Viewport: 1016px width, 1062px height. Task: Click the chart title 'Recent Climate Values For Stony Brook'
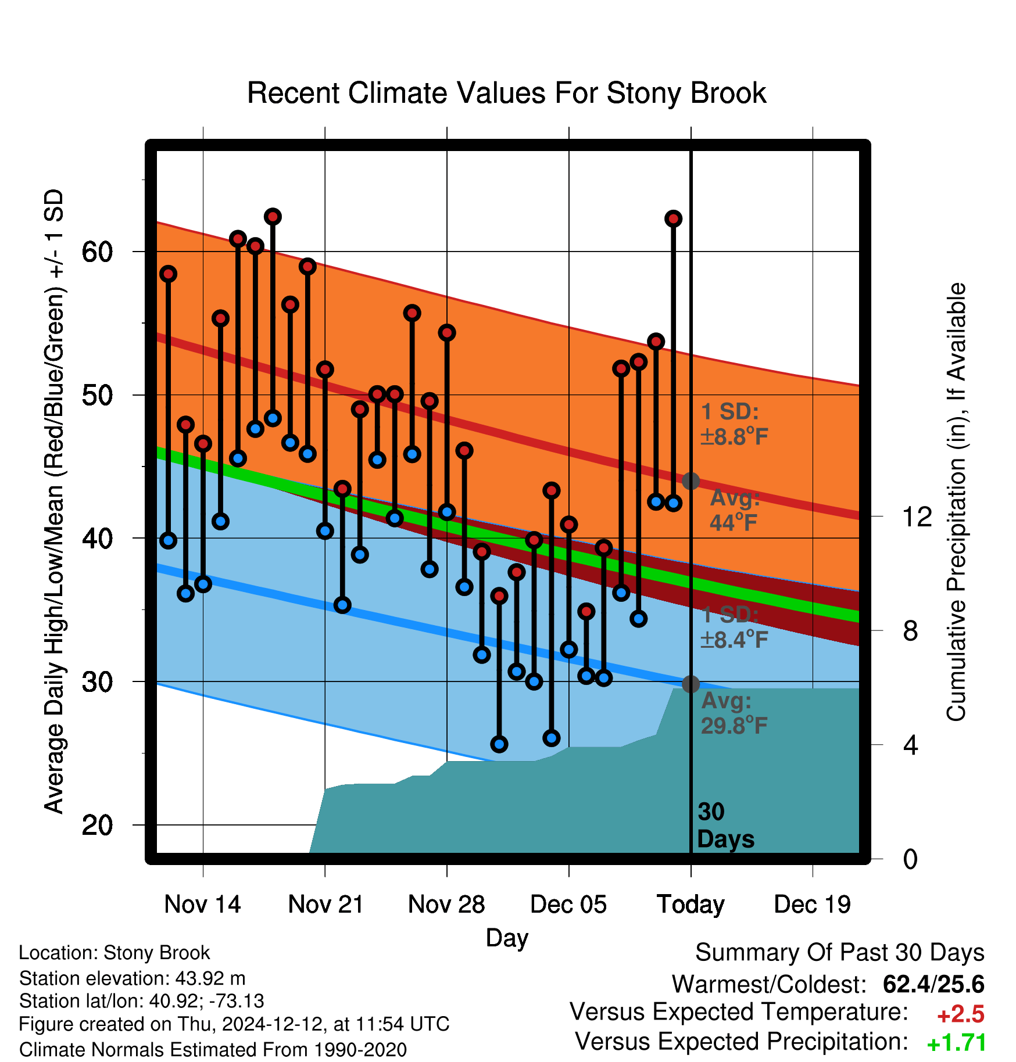[x=507, y=93]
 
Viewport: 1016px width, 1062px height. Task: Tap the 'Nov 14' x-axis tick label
[x=202, y=905]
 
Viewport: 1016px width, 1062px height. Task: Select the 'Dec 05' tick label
[x=568, y=905]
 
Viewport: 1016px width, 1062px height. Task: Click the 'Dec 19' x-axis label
[x=813, y=905]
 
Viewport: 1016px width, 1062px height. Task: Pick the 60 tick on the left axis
[x=98, y=252]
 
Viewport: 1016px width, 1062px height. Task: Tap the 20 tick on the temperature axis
[x=98, y=825]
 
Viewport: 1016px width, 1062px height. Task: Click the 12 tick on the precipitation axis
[x=917, y=516]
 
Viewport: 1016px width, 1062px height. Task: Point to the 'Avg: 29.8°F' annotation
[x=735, y=713]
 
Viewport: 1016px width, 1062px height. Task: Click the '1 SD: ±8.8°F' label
[x=735, y=424]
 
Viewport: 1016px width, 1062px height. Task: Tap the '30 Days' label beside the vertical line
[x=725, y=826]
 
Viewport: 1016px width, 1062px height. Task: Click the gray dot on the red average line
[x=691, y=481]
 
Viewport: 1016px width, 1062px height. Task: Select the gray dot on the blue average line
[x=691, y=684]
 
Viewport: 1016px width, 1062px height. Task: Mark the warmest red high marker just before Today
[x=673, y=218]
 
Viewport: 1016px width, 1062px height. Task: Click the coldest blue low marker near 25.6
[x=499, y=744]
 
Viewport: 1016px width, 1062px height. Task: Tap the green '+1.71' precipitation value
[x=957, y=1043]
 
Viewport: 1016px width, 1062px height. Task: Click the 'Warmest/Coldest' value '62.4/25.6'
[x=933, y=985]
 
